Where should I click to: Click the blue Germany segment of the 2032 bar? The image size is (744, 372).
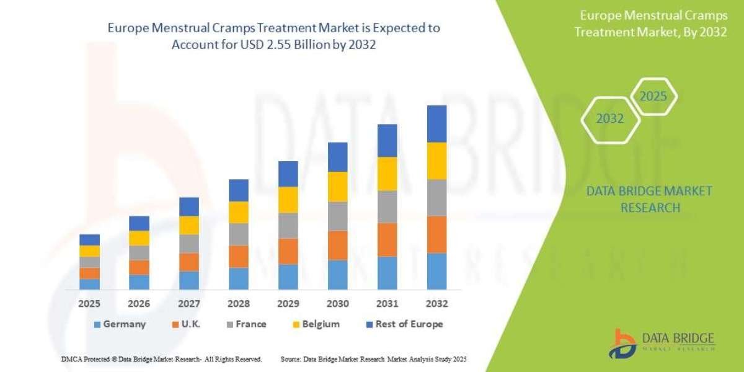[x=437, y=271]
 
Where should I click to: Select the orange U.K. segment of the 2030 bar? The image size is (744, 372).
[x=338, y=245]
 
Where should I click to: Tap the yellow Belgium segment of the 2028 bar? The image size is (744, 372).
[x=239, y=212]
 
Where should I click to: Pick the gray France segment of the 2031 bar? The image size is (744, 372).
[x=387, y=206]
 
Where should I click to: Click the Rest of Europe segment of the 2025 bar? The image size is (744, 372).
[x=89, y=239]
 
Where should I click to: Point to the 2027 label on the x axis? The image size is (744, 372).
[x=188, y=304]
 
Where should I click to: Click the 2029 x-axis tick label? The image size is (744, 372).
[x=288, y=304]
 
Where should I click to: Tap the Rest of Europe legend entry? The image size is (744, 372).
[x=405, y=324]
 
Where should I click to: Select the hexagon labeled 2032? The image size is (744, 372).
[x=610, y=118]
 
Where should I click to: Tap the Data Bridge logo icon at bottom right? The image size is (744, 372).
[x=622, y=342]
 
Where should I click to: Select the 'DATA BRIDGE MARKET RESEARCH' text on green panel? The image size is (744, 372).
[x=649, y=199]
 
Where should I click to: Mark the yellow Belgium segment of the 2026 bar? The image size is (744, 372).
[x=139, y=238]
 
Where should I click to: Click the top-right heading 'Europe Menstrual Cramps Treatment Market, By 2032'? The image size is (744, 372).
[x=650, y=24]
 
